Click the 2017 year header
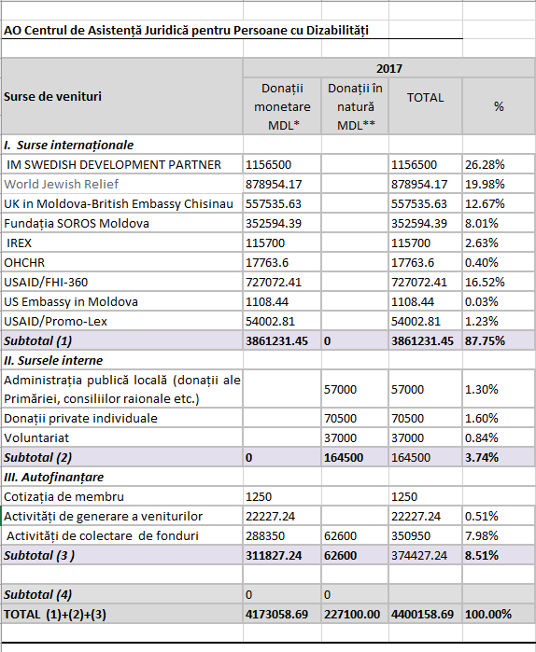coord(389,68)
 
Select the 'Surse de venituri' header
coord(53,96)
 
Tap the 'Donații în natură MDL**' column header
coord(356,106)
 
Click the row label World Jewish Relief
coord(62,184)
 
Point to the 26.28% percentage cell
coord(485,165)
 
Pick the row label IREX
coord(19,243)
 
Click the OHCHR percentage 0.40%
coord(482,262)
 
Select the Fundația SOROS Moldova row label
coord(77,223)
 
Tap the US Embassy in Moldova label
coord(71,301)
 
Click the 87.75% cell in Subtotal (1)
coord(485,341)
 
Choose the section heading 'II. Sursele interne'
coord(53,360)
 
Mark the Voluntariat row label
coord(36,437)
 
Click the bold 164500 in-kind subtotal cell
coord(344,457)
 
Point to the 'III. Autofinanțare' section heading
coord(53,477)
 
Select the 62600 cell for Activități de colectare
coord(341,535)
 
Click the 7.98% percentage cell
coord(482,535)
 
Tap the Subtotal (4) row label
coord(38,594)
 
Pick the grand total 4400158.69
coord(422,614)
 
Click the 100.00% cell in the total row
coord(488,614)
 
